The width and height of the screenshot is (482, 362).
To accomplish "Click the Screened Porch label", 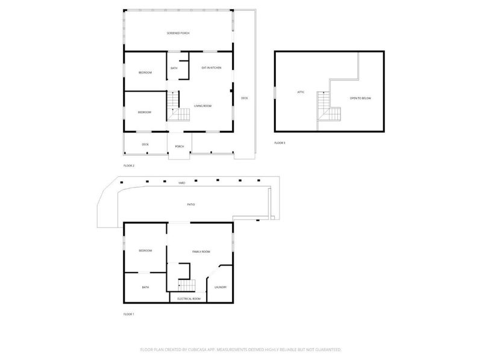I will (178, 33).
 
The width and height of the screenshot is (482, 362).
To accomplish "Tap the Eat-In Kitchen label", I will (211, 68).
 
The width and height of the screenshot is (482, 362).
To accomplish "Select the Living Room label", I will (202, 106).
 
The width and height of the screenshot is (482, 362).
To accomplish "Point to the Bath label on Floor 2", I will (174, 68).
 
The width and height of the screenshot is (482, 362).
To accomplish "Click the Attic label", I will (301, 92).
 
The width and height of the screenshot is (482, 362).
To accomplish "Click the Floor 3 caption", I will (280, 143).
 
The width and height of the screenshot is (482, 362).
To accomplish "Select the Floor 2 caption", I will (129, 165).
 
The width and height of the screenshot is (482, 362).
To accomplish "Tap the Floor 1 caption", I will (129, 314).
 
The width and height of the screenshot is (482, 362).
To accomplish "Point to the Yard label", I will (181, 182).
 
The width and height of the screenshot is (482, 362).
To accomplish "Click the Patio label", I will (190, 205).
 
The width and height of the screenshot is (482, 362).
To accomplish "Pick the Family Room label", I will (201, 251).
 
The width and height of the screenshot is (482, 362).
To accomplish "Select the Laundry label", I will (221, 287).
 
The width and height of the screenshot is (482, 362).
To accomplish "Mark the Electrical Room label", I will (189, 299).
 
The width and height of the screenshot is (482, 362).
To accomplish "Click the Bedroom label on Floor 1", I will (145, 250).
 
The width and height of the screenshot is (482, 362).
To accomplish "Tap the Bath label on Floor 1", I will (145, 287).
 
